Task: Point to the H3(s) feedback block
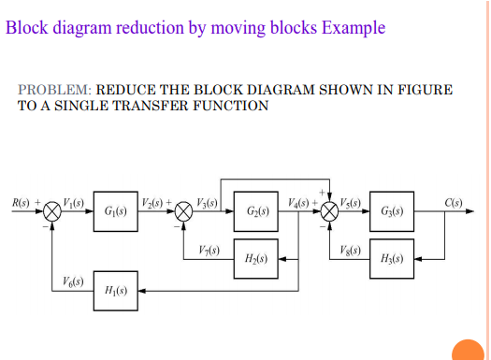(393, 257)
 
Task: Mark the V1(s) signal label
(74, 202)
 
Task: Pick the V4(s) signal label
(299, 202)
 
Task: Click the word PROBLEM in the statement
(53, 90)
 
